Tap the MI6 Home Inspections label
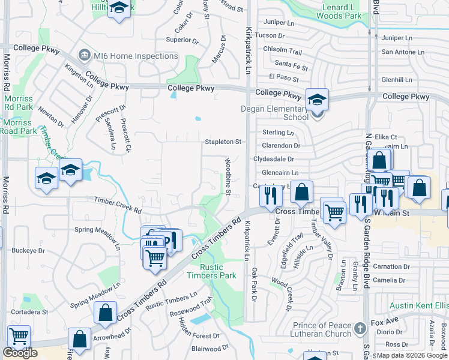tap(136, 56)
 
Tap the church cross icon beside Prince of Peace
tap(360, 328)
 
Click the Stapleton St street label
tap(223, 142)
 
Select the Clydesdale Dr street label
tap(274, 159)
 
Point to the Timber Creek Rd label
tap(117, 205)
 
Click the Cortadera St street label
tap(28, 312)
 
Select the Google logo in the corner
tap(19, 353)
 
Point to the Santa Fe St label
tap(291, 63)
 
